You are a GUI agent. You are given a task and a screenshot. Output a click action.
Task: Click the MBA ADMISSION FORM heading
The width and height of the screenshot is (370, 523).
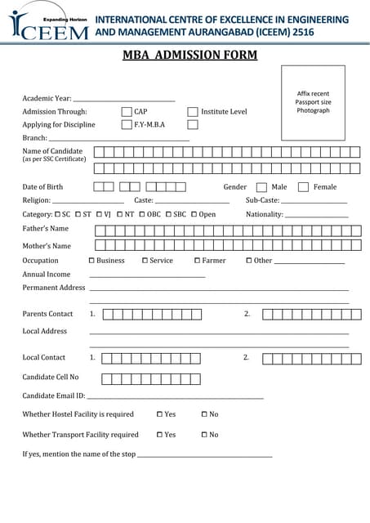point(189,56)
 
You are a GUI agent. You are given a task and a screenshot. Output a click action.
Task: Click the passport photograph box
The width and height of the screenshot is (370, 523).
point(313,103)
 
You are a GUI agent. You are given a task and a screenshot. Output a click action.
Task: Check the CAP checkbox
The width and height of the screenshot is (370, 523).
point(127,111)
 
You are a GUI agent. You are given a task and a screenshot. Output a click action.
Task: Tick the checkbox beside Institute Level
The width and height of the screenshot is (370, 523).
point(193,111)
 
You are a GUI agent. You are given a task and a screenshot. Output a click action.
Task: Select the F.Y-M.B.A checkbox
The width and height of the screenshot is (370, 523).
point(127,125)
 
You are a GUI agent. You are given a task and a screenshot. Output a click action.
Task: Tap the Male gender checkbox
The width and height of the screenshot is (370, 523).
point(261,187)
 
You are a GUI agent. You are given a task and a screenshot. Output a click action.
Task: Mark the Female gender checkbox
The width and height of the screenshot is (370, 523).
point(303,187)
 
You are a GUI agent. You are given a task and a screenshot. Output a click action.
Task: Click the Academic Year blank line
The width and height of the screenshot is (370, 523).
point(124,100)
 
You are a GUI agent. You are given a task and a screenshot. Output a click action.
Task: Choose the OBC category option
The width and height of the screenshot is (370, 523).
point(143,214)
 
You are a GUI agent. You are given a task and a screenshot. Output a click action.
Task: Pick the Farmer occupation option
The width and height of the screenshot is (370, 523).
point(197,261)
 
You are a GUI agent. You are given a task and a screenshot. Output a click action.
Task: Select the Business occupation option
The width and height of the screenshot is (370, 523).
point(91,261)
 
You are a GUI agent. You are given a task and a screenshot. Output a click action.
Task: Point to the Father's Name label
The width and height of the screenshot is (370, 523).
point(46,229)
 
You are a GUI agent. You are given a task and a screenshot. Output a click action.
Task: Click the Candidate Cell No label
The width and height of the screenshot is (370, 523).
point(51,377)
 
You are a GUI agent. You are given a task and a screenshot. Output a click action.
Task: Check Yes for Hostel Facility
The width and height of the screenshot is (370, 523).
point(159,414)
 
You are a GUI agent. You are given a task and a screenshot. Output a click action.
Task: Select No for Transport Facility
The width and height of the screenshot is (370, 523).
point(204,435)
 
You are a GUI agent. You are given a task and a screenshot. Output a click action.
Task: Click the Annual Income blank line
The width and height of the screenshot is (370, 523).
point(147,277)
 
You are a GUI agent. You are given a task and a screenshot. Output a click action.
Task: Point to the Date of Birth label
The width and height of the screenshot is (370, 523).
point(42,187)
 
